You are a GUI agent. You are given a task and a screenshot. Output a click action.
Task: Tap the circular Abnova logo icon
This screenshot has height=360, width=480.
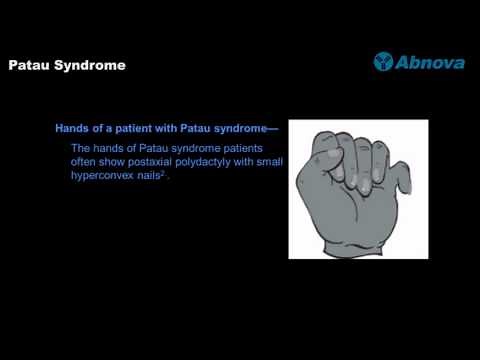(383, 62)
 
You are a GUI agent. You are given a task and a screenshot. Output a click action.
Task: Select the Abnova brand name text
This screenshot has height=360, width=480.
(431, 62)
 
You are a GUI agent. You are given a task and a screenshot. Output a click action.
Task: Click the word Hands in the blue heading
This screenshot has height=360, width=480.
(73, 129)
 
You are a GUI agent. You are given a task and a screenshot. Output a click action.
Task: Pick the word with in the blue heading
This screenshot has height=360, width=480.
(179, 129)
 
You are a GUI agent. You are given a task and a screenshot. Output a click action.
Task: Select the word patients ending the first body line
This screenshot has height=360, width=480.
(253, 148)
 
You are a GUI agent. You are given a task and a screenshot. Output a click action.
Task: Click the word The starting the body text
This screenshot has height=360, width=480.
(81, 148)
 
